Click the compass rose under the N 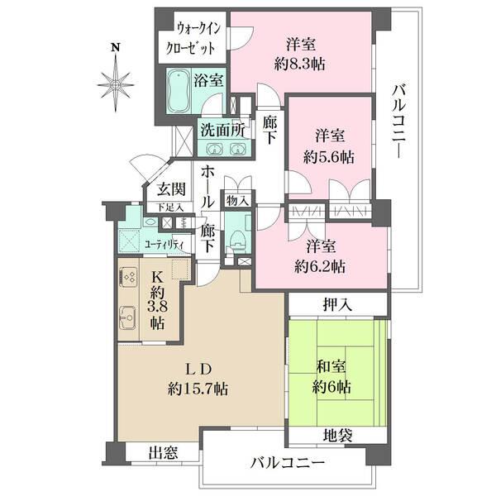[x=116, y=82]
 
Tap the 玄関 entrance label [x=169, y=190]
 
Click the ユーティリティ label [x=164, y=244]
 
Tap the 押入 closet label [x=338, y=304]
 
